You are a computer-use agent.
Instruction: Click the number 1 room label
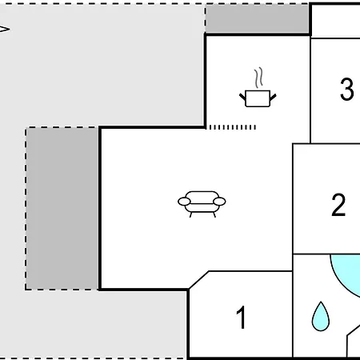click(x=241, y=317)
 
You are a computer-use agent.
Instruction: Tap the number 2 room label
click(x=338, y=205)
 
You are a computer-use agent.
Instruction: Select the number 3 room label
click(x=347, y=89)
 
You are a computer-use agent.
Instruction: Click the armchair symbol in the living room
click(x=202, y=204)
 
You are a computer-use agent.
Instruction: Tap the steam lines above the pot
click(x=258, y=78)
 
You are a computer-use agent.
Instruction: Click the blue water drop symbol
click(x=321, y=316)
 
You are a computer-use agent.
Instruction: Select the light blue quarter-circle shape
click(x=346, y=272)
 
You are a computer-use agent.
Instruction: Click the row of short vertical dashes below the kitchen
click(x=233, y=127)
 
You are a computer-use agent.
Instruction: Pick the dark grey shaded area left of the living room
click(x=62, y=208)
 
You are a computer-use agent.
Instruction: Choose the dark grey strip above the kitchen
click(x=257, y=18)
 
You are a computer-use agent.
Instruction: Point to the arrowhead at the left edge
click(x=5, y=29)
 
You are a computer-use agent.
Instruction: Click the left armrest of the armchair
click(x=184, y=202)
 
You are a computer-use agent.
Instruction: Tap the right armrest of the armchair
click(x=219, y=202)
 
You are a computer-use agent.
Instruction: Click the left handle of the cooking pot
click(x=242, y=97)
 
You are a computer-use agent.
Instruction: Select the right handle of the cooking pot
click(x=273, y=97)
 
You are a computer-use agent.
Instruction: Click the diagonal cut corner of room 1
click(x=198, y=280)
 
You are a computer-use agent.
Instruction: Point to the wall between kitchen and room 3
click(x=310, y=90)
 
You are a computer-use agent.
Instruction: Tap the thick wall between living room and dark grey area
click(x=100, y=208)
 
